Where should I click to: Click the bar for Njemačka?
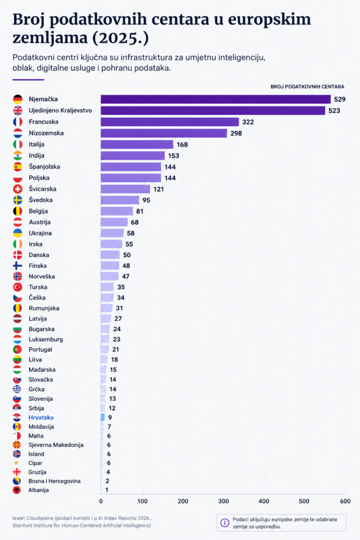[x=216, y=99]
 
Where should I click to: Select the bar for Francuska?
[x=170, y=122]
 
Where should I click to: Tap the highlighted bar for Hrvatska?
[x=103, y=417]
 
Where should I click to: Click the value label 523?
[x=334, y=111]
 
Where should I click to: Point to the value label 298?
[x=236, y=133]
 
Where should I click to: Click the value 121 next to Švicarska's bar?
[x=159, y=189]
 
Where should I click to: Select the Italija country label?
[x=36, y=144]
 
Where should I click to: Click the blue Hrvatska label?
[x=41, y=417]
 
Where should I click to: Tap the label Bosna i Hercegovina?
[x=55, y=481]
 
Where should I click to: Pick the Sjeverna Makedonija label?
[x=56, y=445]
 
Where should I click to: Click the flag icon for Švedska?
[x=17, y=200]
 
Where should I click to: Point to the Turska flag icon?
[x=17, y=287]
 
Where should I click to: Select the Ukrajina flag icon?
[x=17, y=233]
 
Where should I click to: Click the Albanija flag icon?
[x=17, y=490]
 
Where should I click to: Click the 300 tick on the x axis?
[x=223, y=501]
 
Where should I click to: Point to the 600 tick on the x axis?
[x=345, y=501]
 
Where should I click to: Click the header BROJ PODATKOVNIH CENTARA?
[x=307, y=86]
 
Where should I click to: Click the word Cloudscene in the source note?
[x=41, y=519]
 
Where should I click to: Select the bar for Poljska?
[x=131, y=178]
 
